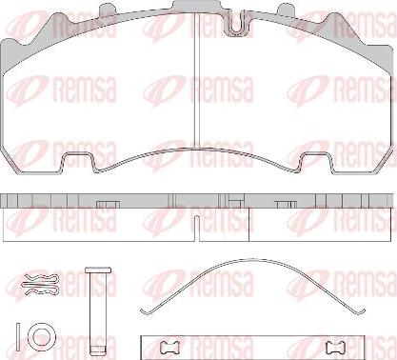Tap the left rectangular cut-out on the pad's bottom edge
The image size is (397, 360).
(77, 162)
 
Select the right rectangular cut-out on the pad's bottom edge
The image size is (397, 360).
(317, 162)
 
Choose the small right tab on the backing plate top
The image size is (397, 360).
(288, 10)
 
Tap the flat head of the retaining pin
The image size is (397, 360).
(98, 270)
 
